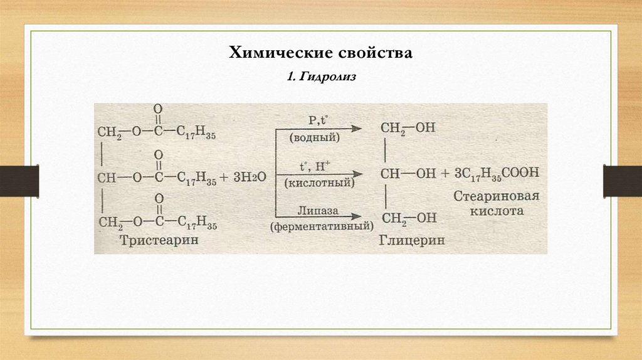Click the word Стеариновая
[496, 196]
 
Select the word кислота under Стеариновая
[496, 211]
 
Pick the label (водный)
[315, 137]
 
